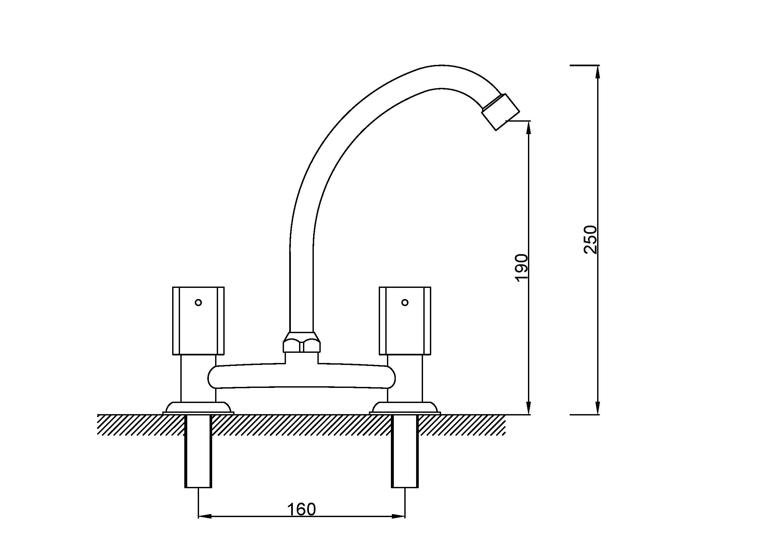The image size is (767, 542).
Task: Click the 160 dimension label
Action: click(x=301, y=509)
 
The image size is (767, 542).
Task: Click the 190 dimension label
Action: click(x=521, y=268)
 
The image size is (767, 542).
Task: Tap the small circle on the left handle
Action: click(x=198, y=303)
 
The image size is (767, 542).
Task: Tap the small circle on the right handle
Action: click(x=405, y=303)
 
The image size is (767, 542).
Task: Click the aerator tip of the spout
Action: click(x=500, y=111)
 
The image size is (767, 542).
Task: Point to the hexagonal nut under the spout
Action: click(x=302, y=342)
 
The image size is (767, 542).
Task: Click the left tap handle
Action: click(x=198, y=320)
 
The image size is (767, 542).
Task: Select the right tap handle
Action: click(x=405, y=320)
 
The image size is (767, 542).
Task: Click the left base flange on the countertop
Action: click(x=198, y=408)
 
